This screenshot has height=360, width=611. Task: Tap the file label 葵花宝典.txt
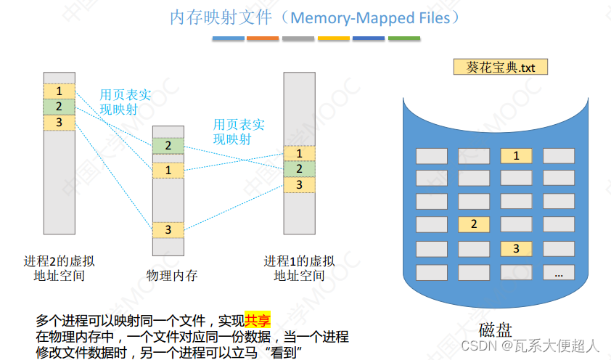[501, 67]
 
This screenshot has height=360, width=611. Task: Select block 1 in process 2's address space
[59, 91]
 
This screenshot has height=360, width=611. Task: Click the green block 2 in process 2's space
[59, 107]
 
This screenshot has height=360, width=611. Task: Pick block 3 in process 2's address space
[59, 122]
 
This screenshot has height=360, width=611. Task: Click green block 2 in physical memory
[168, 146]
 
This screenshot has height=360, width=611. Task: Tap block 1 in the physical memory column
[168, 170]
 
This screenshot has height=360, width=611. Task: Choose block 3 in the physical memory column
[168, 230]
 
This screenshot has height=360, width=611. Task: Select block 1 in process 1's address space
[299, 153]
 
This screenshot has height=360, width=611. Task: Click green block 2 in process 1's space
[299, 169]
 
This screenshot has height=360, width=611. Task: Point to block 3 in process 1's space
[299, 185]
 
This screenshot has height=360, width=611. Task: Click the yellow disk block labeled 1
[516, 155]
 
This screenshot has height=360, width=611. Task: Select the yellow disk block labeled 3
[516, 249]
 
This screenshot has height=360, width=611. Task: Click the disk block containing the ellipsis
[558, 274]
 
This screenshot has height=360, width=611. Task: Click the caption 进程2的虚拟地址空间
[58, 268]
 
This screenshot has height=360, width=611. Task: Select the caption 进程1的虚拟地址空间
[299, 268]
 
